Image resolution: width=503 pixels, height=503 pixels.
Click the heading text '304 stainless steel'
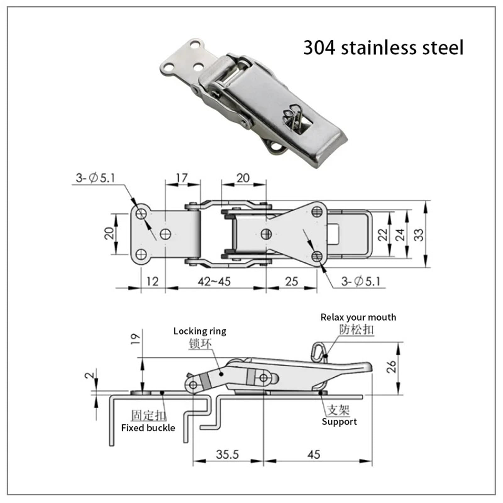tap(383, 48)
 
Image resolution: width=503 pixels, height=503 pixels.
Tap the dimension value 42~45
tap(214, 281)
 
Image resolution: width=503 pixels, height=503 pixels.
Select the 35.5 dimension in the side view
tap(227, 455)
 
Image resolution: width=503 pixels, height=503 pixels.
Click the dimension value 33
tap(419, 235)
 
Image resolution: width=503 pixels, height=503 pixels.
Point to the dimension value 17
tap(182, 178)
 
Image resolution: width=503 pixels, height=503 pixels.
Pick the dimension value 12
tap(152, 281)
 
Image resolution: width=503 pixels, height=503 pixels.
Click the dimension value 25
tap(291, 281)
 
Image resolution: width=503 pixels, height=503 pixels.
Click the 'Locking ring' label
tap(200, 331)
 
